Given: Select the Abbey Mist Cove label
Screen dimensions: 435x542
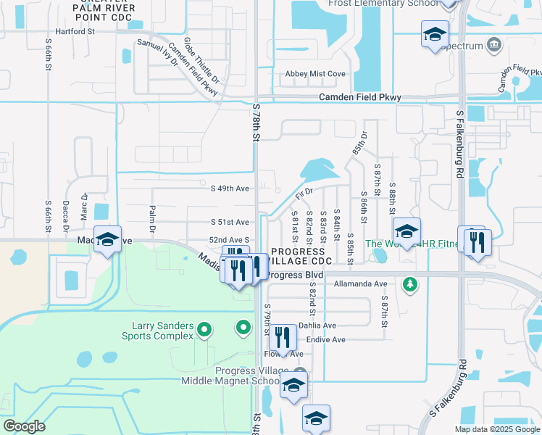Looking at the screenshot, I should coord(315,74).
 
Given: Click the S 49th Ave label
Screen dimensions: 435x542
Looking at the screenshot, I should coord(230,188).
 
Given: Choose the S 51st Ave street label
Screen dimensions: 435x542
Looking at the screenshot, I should coord(230,223).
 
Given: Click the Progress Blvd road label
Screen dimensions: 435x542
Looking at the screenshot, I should coord(294,275).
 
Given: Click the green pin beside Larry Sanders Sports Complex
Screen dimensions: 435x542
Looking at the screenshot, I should coord(204,331).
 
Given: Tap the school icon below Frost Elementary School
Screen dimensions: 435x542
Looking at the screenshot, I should coord(435,35).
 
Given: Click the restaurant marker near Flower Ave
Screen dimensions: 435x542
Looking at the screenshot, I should coord(283,337).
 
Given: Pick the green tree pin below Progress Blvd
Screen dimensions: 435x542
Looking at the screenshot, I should coord(410,283).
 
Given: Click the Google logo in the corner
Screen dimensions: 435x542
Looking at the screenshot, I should coord(24,426).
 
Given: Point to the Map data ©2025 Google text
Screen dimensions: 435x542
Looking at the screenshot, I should coord(496,429).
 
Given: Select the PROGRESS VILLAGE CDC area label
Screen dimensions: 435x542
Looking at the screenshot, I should coord(301,255).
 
